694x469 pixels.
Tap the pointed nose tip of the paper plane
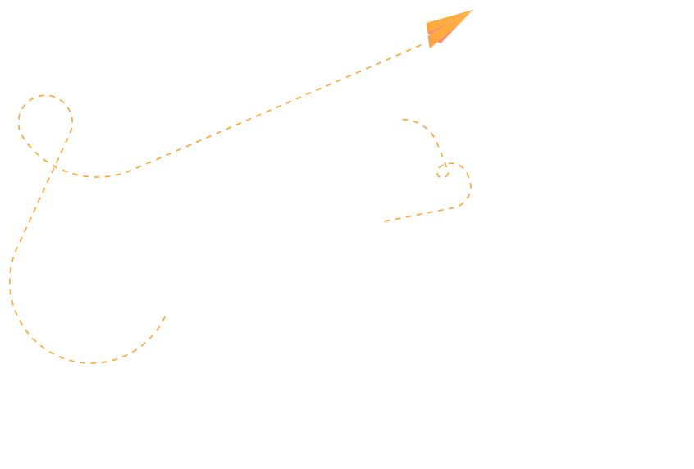[472, 11]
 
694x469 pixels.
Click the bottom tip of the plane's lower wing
[431, 48]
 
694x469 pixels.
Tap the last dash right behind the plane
[420, 47]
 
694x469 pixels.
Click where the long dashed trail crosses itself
[55, 166]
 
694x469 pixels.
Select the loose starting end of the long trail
[165, 316]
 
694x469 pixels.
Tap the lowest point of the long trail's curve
[90, 362]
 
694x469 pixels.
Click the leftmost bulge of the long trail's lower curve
[10, 283]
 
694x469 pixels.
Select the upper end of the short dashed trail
[403, 120]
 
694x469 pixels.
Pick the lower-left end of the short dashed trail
[385, 221]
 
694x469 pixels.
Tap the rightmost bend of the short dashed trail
[470, 185]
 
